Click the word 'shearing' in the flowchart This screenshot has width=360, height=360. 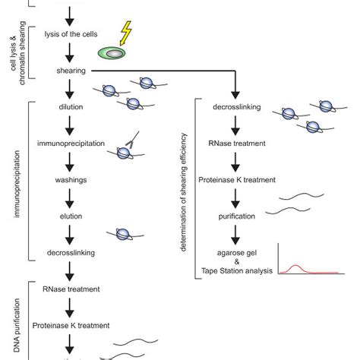tap(70, 71)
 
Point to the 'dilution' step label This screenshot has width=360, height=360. tap(70, 107)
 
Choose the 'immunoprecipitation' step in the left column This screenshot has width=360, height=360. tap(70, 144)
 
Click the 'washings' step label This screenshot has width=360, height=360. tap(70, 180)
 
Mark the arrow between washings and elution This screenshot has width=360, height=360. tap(70, 197)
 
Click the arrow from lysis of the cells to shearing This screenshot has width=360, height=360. tap(70, 52)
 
